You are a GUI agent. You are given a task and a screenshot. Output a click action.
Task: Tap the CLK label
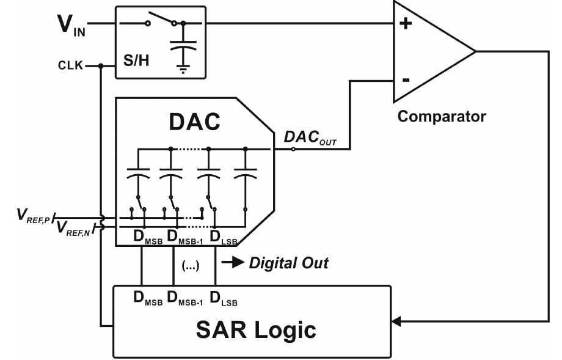click(x=71, y=65)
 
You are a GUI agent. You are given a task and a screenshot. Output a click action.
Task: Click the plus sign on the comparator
click(x=405, y=24)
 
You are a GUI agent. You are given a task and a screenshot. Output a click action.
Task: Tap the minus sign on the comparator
click(x=406, y=80)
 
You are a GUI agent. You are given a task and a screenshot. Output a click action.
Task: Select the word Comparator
click(x=442, y=116)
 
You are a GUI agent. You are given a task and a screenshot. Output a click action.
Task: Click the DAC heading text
click(x=194, y=122)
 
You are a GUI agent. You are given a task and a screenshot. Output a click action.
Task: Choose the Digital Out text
click(x=288, y=263)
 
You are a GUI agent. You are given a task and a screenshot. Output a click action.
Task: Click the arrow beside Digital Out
click(x=233, y=263)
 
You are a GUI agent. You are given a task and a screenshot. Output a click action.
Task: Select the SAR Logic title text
click(x=256, y=329)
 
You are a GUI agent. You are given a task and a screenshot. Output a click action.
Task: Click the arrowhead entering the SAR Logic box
click(x=396, y=321)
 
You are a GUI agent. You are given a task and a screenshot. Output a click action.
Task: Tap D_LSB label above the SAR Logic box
click(x=224, y=299)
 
